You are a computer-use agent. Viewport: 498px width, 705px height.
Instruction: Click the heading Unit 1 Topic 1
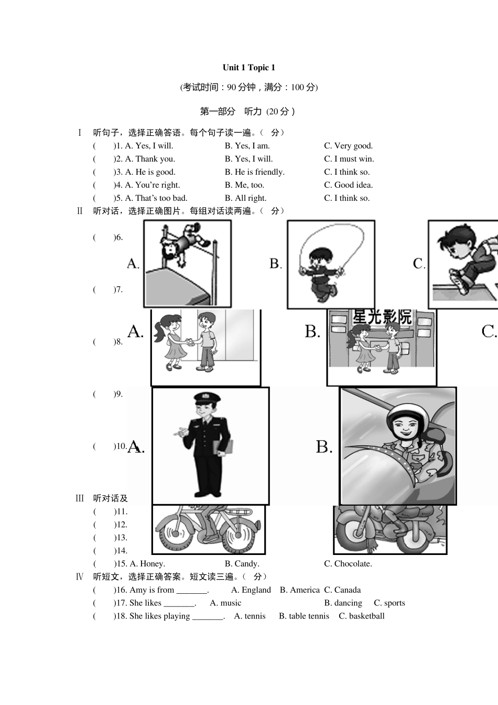[x=248, y=67]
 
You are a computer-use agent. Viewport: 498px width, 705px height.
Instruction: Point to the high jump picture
[x=187, y=263]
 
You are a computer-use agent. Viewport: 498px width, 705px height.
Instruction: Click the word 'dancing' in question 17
[x=348, y=603]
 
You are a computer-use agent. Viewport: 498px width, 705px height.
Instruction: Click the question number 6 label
[x=118, y=237]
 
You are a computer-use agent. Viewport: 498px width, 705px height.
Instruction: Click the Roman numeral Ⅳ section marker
[x=80, y=577]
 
